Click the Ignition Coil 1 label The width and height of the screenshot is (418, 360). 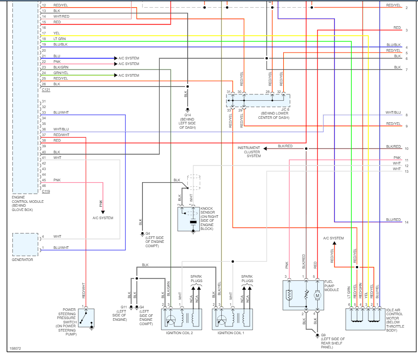pyautogui.click(x=231, y=333)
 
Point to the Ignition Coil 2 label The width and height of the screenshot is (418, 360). pyautogui.click(x=180, y=333)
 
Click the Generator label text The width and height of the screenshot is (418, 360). pyautogui.click(x=22, y=260)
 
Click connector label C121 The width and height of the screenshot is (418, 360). pyautogui.click(x=46, y=90)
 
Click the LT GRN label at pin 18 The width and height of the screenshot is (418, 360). pyautogui.click(x=59, y=39)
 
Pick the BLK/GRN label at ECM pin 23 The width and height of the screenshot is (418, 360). pyautogui.click(x=61, y=67)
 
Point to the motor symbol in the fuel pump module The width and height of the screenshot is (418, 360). pyautogui.click(x=317, y=296)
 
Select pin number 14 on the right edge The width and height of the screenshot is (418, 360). pyautogui.click(x=406, y=223)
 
